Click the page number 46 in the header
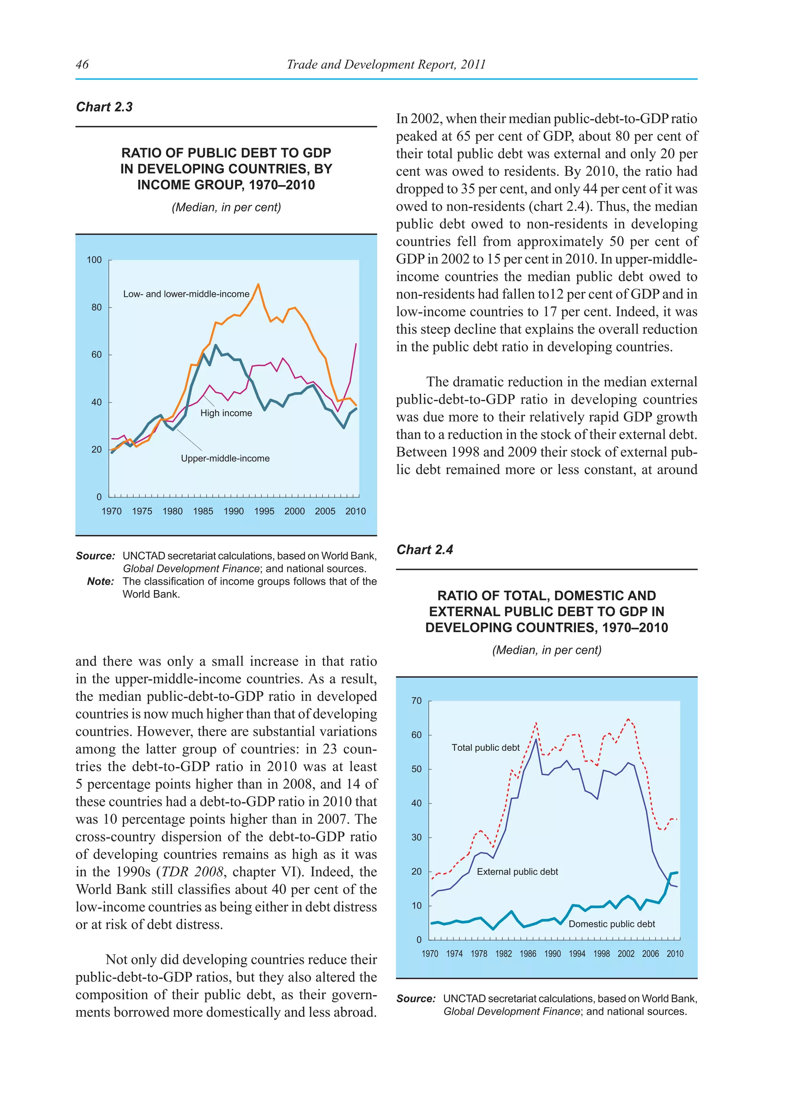tap(82, 64)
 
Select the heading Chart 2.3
tap(104, 107)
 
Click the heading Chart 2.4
tap(424, 549)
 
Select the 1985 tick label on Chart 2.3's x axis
tap(203, 511)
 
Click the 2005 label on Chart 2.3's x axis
tap(325, 511)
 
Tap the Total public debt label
tap(485, 748)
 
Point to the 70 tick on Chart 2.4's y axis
tap(416, 701)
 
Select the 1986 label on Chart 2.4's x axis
tap(527, 954)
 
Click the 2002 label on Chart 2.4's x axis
tap(626, 954)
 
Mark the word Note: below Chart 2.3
tap(101, 582)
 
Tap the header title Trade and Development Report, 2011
tap(386, 64)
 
